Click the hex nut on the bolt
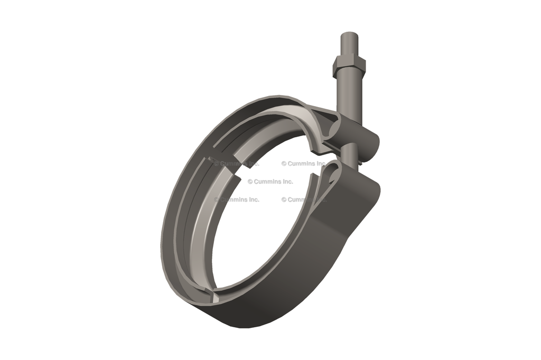(349, 67)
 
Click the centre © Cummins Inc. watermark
(270, 182)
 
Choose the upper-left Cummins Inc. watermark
(237, 164)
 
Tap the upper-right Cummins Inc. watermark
(304, 164)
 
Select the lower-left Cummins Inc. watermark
(237, 200)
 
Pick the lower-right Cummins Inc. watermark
(304, 200)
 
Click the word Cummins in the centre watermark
(268, 182)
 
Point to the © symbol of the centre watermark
(250, 182)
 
